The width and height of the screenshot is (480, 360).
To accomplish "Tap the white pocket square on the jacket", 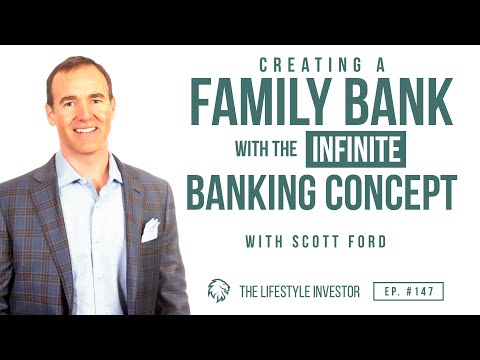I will [x=150, y=229].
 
